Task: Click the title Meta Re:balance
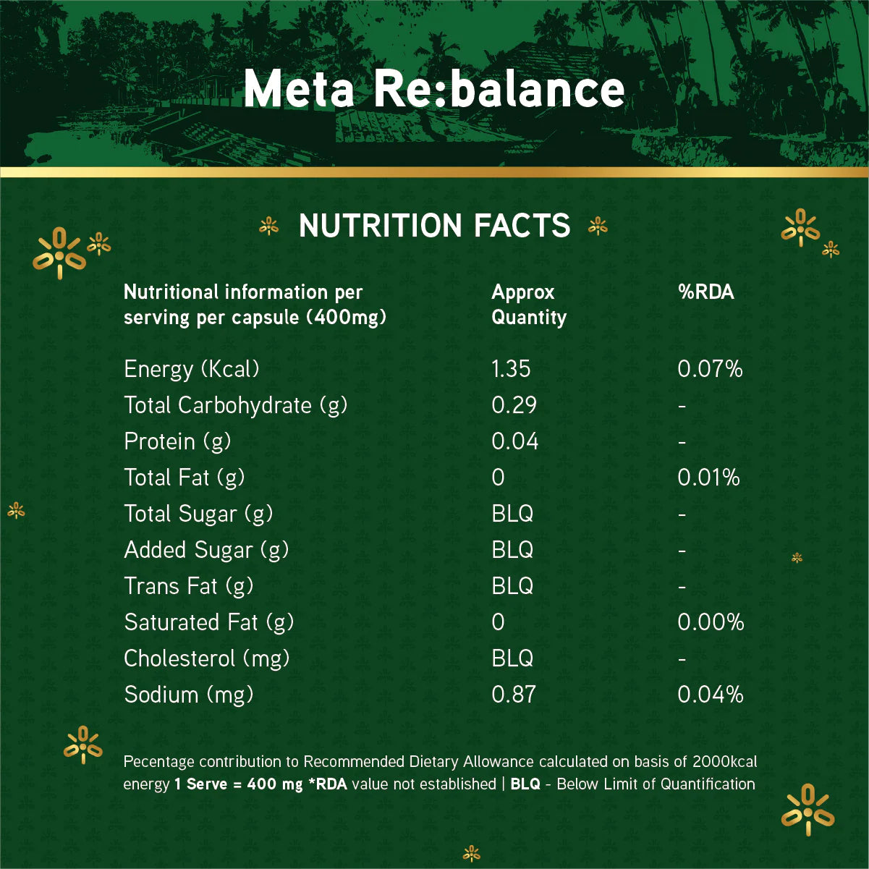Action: [434, 89]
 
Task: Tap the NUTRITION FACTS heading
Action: [434, 226]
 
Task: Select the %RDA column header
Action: [705, 292]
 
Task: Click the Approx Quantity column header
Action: [528, 305]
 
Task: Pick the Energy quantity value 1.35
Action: [511, 369]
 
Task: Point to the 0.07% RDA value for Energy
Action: [710, 369]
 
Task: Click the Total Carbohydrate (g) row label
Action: [235, 405]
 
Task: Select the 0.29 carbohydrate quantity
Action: [514, 405]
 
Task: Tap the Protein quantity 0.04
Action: [514, 441]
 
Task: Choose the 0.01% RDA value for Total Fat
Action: [708, 478]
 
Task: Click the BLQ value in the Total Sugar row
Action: [512, 514]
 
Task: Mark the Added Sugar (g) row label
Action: [206, 550]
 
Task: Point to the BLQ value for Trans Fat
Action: [512, 586]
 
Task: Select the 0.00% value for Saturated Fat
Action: [711, 622]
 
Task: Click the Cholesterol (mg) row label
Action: [206, 658]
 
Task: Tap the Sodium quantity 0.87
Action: [514, 695]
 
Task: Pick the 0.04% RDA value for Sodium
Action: [711, 695]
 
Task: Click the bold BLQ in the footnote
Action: [525, 784]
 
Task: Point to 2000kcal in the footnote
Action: [724, 762]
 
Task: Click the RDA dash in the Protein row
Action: [682, 442]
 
